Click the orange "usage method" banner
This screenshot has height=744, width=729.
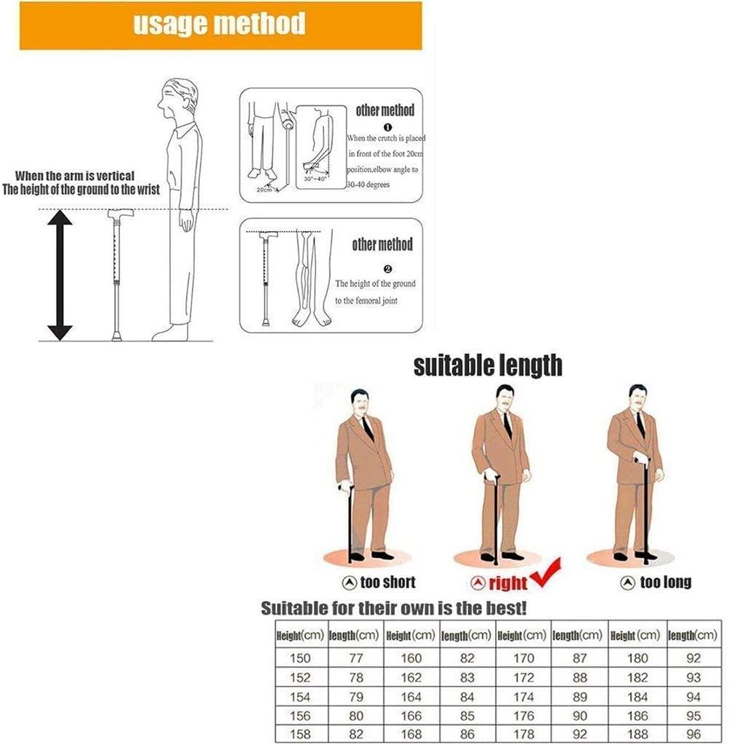tap(220, 25)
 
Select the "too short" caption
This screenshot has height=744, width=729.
tap(379, 582)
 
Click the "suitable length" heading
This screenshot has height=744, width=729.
tap(488, 365)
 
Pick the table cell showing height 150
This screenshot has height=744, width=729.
tap(300, 659)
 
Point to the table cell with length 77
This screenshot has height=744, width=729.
tap(355, 659)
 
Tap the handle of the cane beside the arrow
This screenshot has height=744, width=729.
tap(117, 215)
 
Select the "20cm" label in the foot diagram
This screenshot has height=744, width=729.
tap(262, 190)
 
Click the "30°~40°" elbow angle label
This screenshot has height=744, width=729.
tap(314, 179)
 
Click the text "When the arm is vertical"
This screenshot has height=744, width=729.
tap(75, 177)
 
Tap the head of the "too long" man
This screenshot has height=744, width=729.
tap(637, 397)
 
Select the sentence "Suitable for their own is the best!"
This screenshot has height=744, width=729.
tap(393, 607)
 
